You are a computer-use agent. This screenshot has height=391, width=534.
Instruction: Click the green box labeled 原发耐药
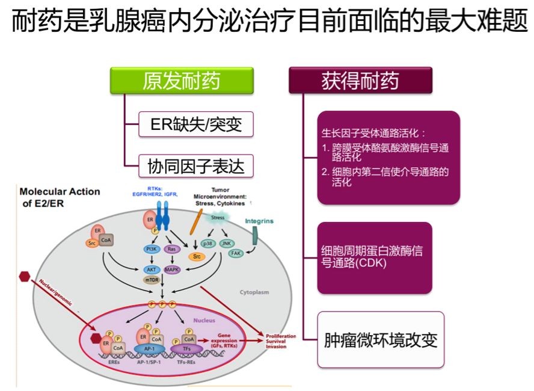[181, 81]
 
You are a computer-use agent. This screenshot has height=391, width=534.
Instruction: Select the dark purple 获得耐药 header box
[360, 81]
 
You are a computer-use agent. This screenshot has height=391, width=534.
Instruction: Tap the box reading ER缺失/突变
[193, 126]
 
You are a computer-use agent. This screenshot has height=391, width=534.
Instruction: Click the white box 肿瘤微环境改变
[381, 340]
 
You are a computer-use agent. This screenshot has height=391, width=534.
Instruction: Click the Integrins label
[259, 221]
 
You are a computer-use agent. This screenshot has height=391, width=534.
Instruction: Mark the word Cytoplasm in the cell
[255, 293]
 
